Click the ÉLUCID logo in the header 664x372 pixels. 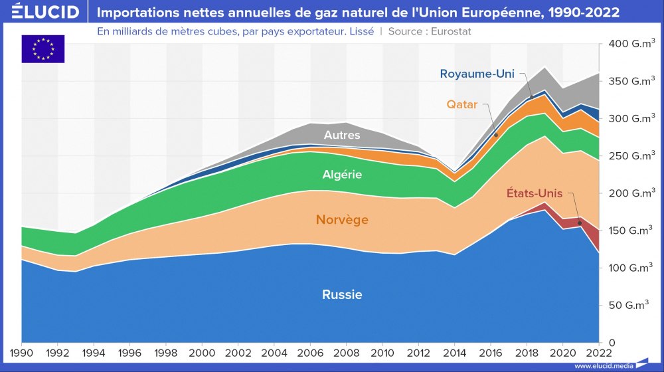coord(45,12)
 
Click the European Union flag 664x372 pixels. coord(43,48)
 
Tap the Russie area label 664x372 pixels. coord(342,294)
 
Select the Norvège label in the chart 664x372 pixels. coord(342,219)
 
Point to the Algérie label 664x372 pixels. coord(342,175)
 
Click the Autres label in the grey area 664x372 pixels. coord(342,136)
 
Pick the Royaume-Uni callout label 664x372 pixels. coord(477,74)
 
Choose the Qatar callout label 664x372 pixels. coord(462,104)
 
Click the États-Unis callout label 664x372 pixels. coord(534,193)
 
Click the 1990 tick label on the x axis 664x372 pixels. coord(22,352)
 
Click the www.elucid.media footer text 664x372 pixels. coord(603,366)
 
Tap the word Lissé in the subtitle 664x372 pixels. coord(361,31)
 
